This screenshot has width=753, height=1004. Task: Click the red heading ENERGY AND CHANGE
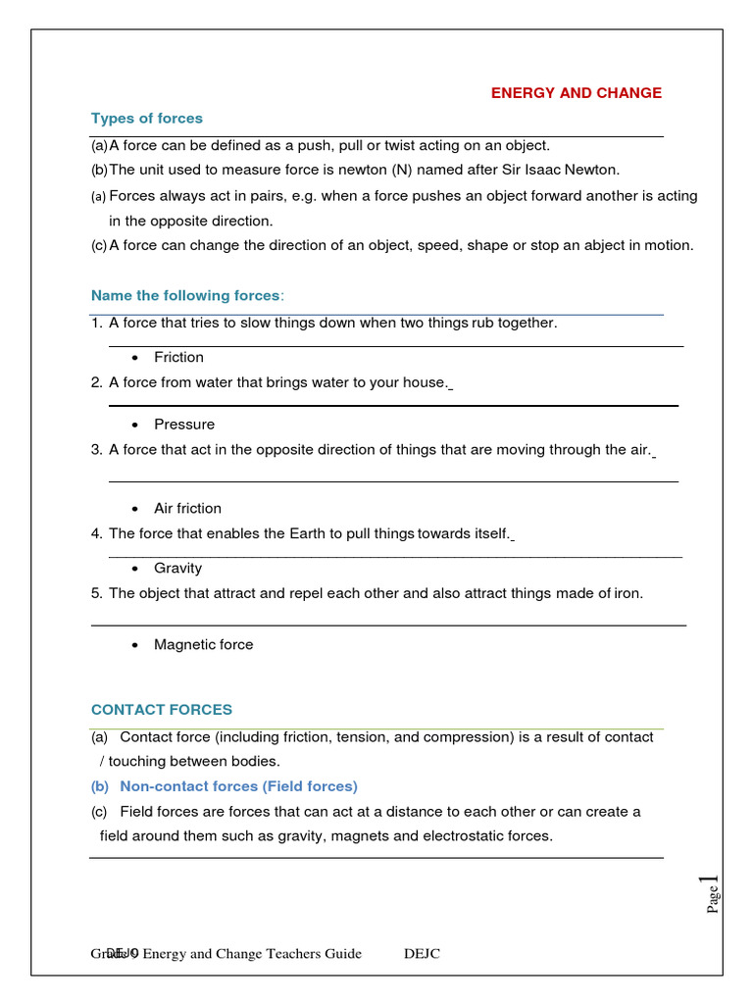click(576, 93)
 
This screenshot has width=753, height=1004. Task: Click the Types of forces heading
click(147, 119)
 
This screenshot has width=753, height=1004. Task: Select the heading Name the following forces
click(186, 296)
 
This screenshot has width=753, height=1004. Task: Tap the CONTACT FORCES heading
click(162, 710)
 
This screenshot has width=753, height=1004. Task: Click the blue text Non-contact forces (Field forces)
click(238, 786)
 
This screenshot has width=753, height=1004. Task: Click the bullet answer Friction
click(178, 358)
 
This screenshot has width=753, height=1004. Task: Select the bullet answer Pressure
click(183, 425)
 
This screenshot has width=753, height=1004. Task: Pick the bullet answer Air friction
click(187, 509)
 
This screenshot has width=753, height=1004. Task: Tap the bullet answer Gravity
click(177, 569)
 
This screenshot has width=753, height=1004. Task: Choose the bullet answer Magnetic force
click(203, 645)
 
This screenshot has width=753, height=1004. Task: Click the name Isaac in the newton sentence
click(539, 170)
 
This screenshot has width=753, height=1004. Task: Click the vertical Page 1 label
click(713, 894)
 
